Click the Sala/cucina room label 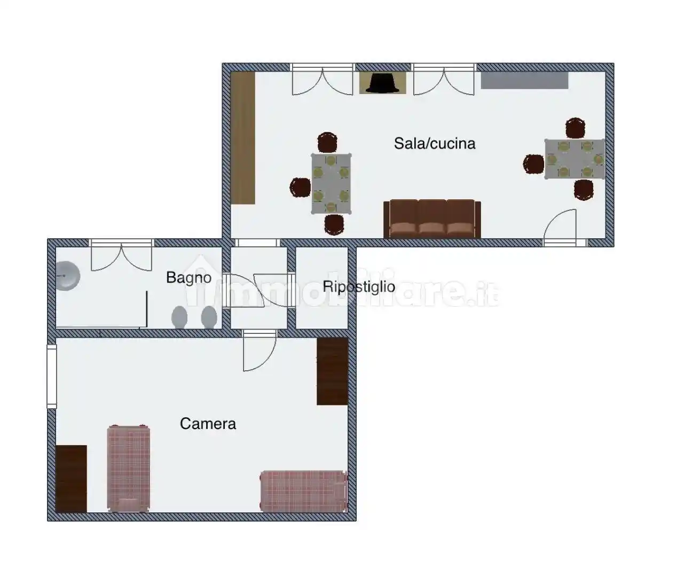coord(435,144)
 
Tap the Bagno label coord(188,278)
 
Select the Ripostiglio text coord(359,287)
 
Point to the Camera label coord(208,424)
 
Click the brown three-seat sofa coord(432,219)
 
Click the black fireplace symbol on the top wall coord(383,83)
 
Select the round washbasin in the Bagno coord(68,276)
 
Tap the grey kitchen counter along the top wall coord(524,80)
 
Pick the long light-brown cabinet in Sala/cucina coord(243,138)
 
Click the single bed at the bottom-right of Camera coord(304,491)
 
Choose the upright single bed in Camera coord(129,469)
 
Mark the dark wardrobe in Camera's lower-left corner coord(71,479)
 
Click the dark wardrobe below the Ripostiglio coord(332,371)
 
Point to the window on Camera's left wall coord(52,376)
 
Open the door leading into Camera coord(260,351)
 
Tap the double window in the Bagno coord(121,255)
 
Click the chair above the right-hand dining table coord(575,128)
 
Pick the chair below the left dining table coord(334,224)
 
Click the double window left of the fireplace coord(323,80)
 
